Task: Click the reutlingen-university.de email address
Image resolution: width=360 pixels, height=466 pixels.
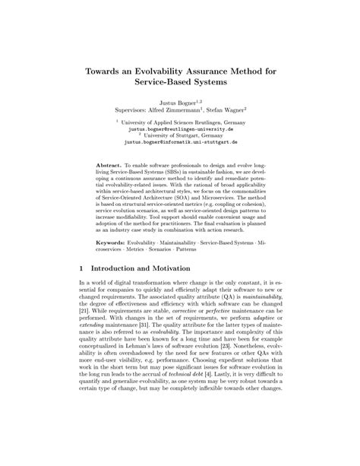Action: coord(179,130)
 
